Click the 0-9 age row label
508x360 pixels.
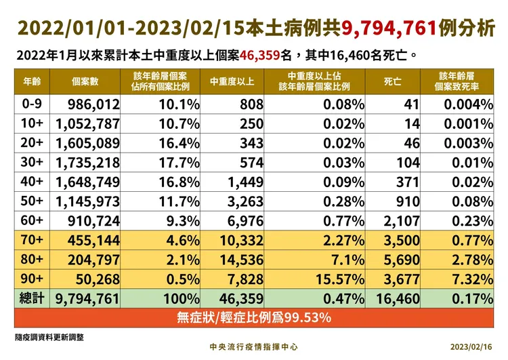pyautogui.click(x=32, y=104)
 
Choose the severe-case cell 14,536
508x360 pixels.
pyautogui.click(x=233, y=260)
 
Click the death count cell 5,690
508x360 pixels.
pyautogui.click(x=402, y=260)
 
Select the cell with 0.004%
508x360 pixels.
pyautogui.click(x=468, y=104)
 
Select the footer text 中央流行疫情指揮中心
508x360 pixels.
pyautogui.click(x=254, y=346)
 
